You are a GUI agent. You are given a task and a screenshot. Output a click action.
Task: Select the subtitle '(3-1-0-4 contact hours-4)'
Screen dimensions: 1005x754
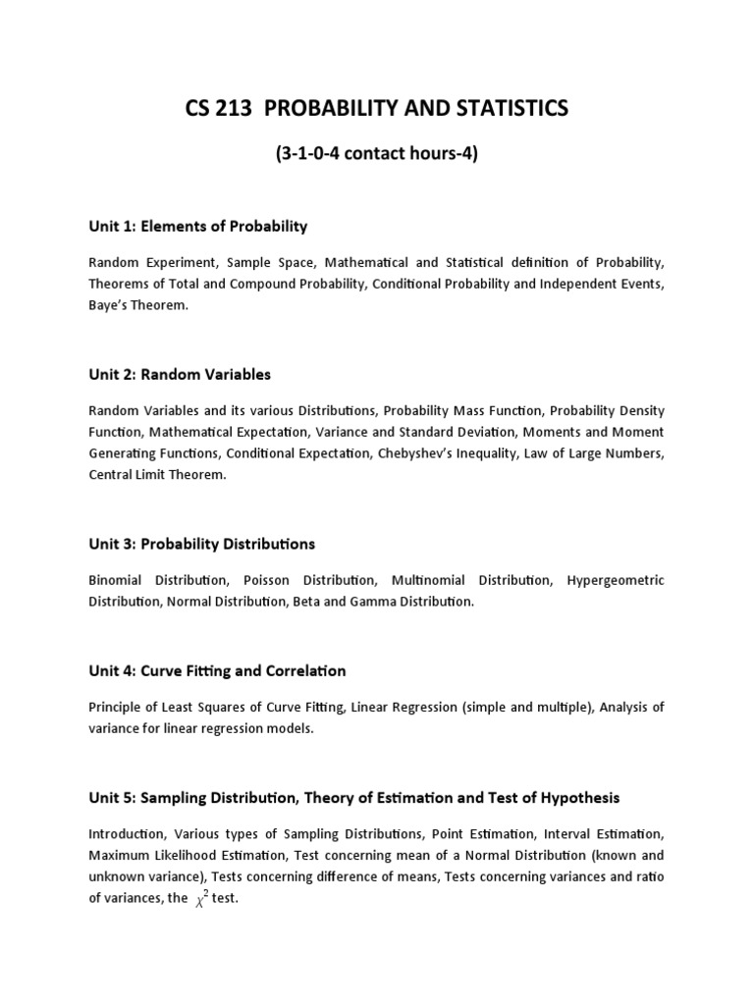376,154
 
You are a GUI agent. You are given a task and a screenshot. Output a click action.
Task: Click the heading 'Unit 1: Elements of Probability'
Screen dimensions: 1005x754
197,227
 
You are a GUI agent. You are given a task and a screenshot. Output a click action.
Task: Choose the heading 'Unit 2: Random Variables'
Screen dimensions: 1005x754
179,375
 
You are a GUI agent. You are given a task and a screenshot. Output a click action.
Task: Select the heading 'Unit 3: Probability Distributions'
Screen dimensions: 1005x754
201,544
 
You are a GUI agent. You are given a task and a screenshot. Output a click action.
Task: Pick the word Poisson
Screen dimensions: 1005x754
267,580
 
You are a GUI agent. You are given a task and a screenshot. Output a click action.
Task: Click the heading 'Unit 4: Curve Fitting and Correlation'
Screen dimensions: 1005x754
217,671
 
